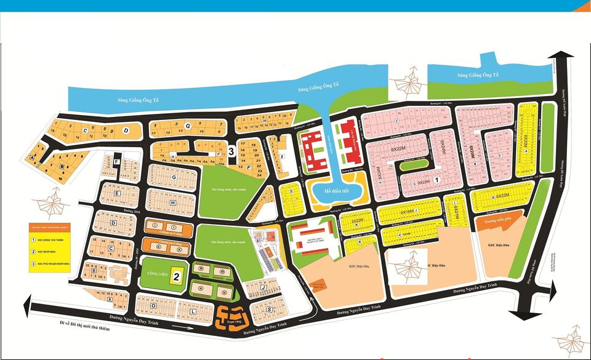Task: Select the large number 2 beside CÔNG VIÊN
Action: pos(175,277)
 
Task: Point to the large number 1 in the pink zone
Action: pos(436,180)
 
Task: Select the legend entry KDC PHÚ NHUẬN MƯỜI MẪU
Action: pos(56,264)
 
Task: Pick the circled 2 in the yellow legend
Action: pos(33,252)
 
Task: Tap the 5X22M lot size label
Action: pos(358,219)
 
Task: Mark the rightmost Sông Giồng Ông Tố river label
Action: pos(478,75)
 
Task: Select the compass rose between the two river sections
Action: pos(408,84)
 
